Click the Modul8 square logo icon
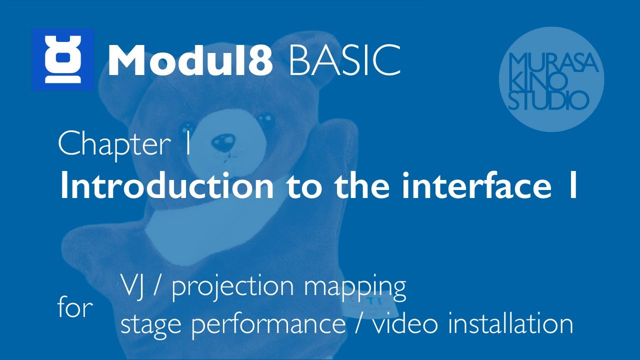(62, 59)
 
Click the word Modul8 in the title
(190, 60)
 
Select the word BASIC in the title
(344, 60)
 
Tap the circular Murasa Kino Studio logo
(551, 79)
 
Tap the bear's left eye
(189, 125)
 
